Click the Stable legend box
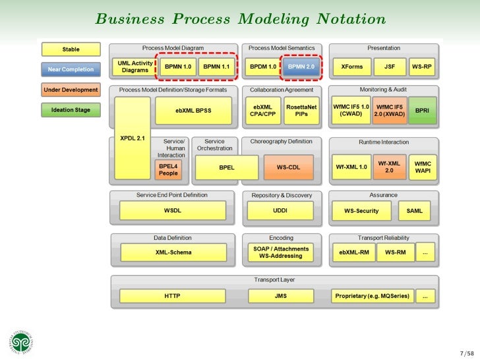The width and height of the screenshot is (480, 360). [71, 49]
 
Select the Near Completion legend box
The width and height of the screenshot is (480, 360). [71, 68]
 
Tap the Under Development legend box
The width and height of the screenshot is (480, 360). [71, 90]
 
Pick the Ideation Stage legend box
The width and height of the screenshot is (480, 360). [71, 110]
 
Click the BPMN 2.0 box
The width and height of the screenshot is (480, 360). [301, 67]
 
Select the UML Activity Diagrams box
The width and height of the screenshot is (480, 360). [134, 67]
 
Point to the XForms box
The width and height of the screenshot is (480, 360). [351, 67]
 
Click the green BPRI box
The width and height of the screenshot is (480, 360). [423, 109]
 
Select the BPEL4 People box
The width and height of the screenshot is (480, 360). [168, 169]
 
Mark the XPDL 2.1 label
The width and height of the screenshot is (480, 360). [133, 138]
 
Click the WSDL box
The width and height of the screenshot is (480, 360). [172, 211]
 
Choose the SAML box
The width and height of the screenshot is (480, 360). [415, 211]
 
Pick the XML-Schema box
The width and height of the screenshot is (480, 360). [172, 252]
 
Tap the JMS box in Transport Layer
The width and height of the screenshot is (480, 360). [281, 297]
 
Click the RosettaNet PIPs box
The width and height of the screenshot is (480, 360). [301, 109]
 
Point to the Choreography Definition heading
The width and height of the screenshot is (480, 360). [282, 141]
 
